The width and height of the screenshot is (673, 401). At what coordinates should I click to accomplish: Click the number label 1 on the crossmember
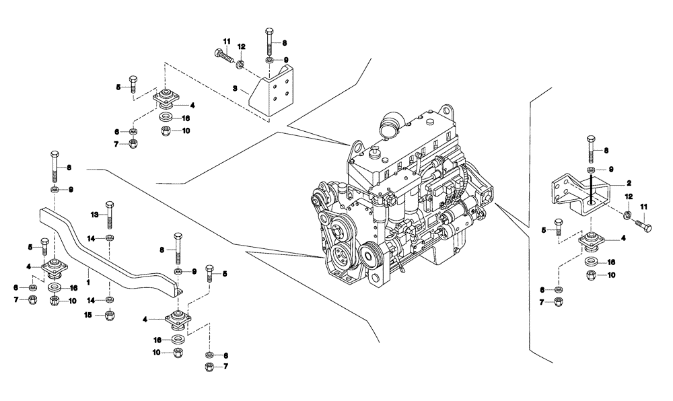coord(89,274)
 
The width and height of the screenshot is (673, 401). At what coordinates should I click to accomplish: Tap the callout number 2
coord(628,182)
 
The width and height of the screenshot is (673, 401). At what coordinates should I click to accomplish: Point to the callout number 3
coord(234,88)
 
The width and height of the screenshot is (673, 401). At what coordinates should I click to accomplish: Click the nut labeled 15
coord(110,315)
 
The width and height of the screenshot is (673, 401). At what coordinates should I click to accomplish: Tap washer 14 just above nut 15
coord(110,299)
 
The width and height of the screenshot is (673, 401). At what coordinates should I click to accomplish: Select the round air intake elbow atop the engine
coord(392,125)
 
